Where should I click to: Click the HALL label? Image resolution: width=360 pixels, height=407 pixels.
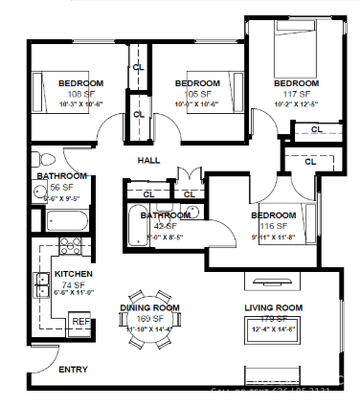148,160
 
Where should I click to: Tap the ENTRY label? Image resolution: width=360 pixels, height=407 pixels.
74,370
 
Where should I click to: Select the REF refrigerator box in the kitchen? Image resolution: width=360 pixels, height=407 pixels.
80,322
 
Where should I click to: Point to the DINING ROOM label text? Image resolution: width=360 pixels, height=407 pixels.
149,307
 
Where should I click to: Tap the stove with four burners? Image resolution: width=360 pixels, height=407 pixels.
71,245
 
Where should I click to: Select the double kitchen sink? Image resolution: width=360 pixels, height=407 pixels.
41,284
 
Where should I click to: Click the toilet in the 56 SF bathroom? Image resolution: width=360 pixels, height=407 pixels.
38,158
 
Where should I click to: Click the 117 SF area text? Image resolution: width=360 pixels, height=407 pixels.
298,94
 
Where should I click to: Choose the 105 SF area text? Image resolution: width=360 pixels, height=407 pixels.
198,94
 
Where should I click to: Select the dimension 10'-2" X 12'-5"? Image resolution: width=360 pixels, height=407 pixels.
298,103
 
